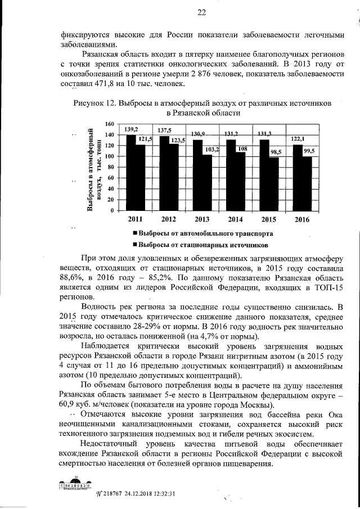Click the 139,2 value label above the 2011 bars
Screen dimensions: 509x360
(132, 129)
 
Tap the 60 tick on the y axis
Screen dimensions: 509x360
(111, 178)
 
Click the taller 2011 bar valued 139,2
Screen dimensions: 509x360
(130, 172)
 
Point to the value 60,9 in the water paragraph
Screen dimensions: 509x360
(71, 406)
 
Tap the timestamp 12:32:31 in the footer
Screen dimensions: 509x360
(161, 494)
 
